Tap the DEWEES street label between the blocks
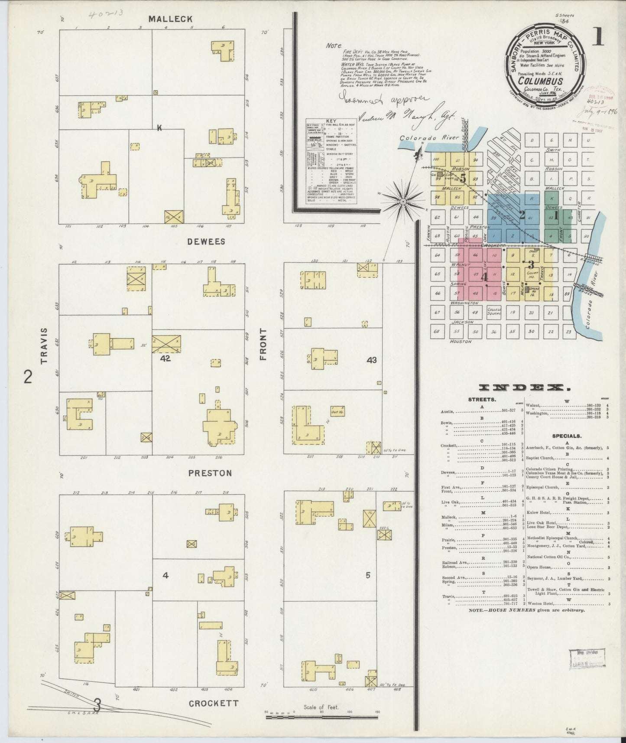click(x=206, y=241)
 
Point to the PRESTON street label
click(x=210, y=473)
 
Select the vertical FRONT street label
click(x=263, y=344)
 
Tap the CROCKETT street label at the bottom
click(x=214, y=703)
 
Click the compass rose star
click(x=402, y=202)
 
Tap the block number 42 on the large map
click(x=165, y=358)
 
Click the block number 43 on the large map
click(x=371, y=359)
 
